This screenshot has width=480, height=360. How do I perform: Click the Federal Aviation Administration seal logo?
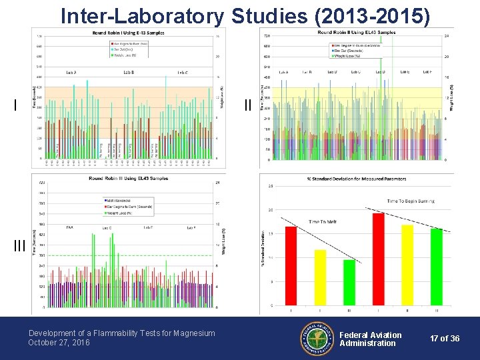pos(317,339)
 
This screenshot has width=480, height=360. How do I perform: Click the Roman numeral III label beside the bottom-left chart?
pos(20,245)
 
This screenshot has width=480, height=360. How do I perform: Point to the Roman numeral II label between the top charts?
pos(248,105)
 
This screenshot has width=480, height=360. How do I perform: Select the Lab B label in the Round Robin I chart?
pos(128,72)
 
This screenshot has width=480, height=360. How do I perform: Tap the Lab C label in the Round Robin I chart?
pos(181,72)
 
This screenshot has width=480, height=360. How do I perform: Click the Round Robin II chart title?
pos(357,32)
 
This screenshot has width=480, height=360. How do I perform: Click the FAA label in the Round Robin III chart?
pos(70,227)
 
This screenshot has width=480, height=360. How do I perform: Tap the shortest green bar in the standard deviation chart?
pos(349,282)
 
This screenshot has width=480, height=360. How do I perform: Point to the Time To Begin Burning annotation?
pos(411,201)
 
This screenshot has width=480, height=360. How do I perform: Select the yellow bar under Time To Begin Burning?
pos(407,265)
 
